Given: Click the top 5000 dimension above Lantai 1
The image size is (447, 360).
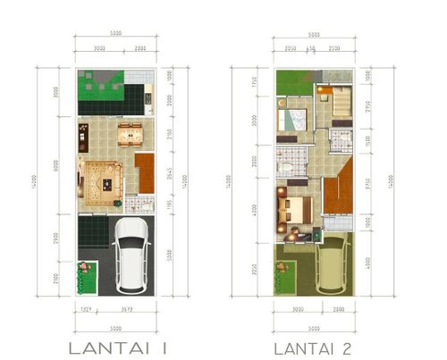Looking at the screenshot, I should point(115,35).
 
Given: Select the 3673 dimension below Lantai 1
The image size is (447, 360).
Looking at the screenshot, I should point(126,309).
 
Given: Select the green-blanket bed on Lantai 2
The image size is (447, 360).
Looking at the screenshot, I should point(292,119).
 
